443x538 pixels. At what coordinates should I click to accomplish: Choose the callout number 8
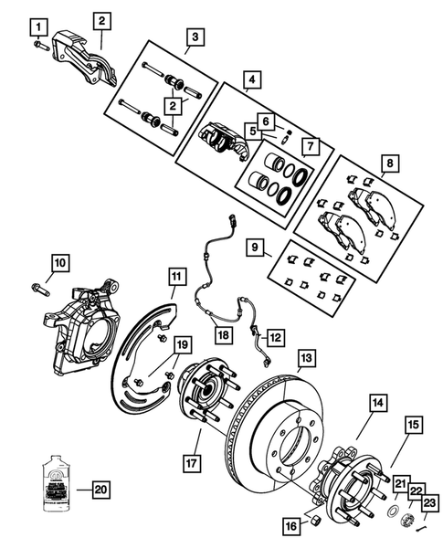[x=389, y=164]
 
